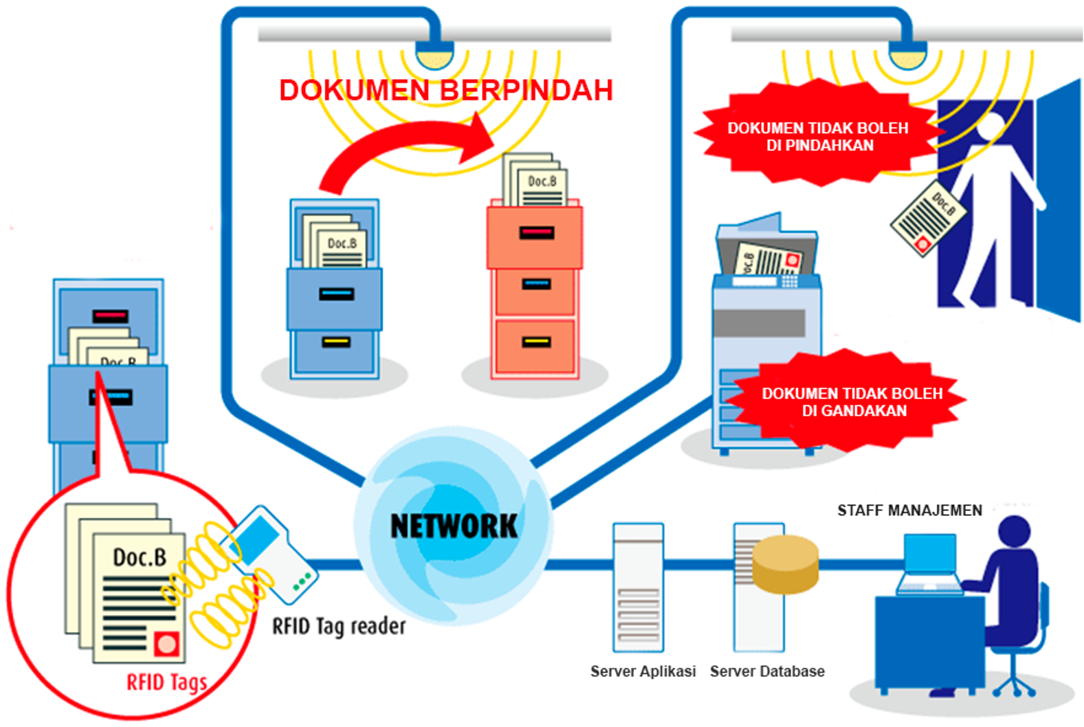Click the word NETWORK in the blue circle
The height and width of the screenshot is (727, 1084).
454,526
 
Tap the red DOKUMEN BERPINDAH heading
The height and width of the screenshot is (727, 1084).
445,91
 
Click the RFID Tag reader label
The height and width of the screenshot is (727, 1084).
339,627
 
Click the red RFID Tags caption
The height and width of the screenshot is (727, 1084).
166,682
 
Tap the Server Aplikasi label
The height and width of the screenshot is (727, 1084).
643,671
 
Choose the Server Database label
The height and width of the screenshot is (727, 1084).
767,671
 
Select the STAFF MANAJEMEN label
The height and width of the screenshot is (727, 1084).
909,511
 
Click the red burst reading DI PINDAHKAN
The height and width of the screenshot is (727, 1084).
818,137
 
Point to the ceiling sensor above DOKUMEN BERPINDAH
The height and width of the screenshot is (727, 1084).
434,55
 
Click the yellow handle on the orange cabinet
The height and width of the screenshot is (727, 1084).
535,342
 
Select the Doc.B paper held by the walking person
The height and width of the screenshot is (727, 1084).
929,219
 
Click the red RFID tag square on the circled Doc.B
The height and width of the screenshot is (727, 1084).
166,644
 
